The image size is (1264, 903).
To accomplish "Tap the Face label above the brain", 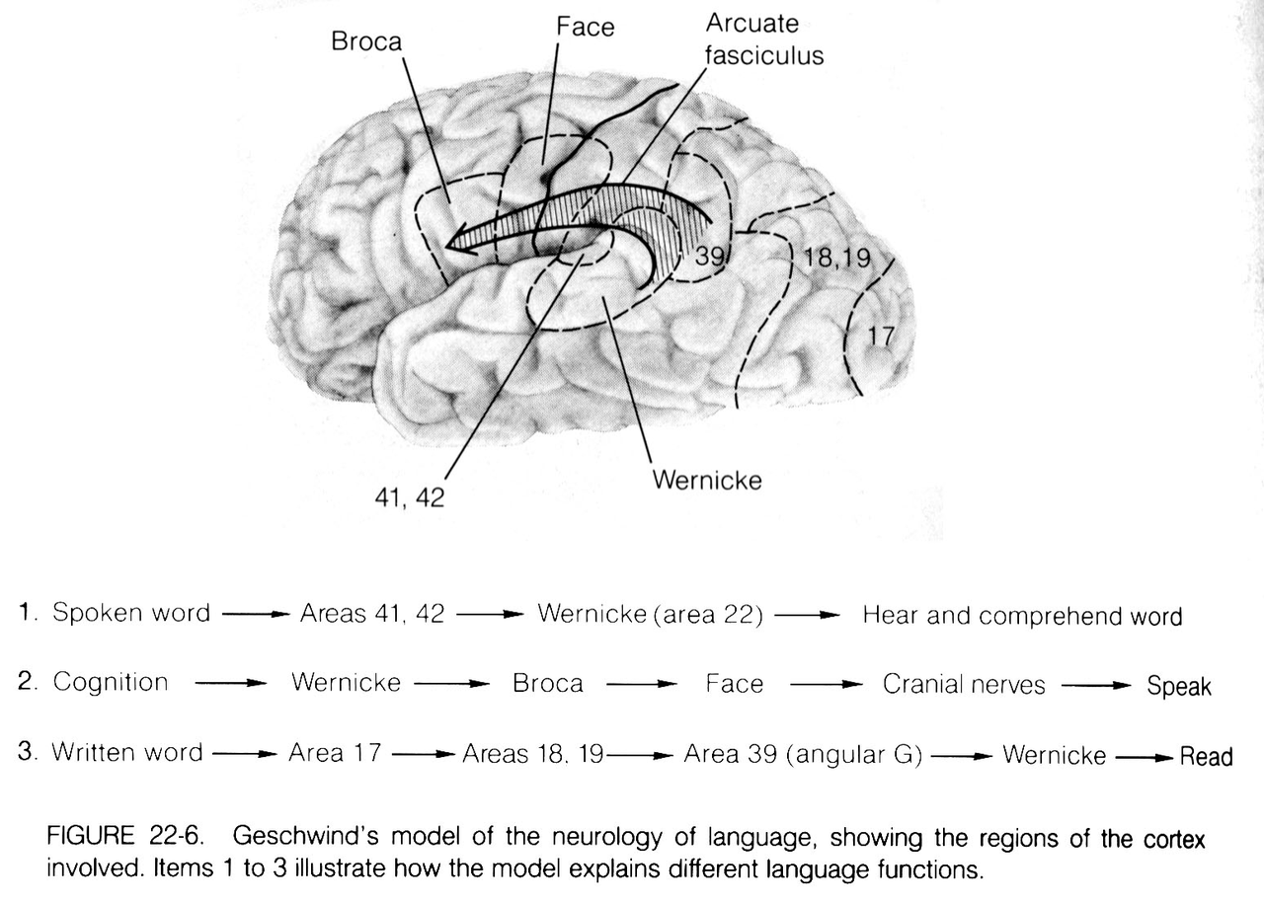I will tap(585, 27).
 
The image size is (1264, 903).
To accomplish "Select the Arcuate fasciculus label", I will tap(763, 39).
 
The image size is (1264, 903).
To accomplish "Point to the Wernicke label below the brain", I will tap(707, 482).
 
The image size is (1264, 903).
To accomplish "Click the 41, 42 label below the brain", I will tap(409, 498).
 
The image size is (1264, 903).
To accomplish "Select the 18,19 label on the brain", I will tap(838, 259).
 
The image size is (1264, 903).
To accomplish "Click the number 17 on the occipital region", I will tap(880, 337).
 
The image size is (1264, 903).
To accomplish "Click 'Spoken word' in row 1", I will tap(131, 613).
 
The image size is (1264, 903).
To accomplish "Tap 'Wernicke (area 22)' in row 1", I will tap(651, 614).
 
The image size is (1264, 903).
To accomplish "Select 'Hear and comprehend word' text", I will tap(1022, 616).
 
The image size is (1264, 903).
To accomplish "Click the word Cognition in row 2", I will tap(111, 682).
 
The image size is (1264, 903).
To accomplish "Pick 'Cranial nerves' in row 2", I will tap(963, 684).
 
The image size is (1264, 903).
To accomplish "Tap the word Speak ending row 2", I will tap(1179, 686).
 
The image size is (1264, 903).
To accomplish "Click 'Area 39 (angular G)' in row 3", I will tap(803, 755).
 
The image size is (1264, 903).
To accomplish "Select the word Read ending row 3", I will tap(1207, 757).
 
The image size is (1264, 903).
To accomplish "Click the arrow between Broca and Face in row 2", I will tap(640, 684).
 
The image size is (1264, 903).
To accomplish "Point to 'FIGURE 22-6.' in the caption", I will tap(125, 839).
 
